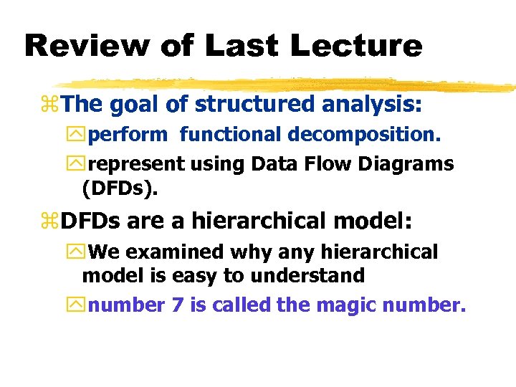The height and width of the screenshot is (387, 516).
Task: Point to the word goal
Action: pos(133,105)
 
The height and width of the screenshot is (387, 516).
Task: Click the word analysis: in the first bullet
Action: pos(372,105)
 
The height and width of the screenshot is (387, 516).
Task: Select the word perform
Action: pos(128,134)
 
